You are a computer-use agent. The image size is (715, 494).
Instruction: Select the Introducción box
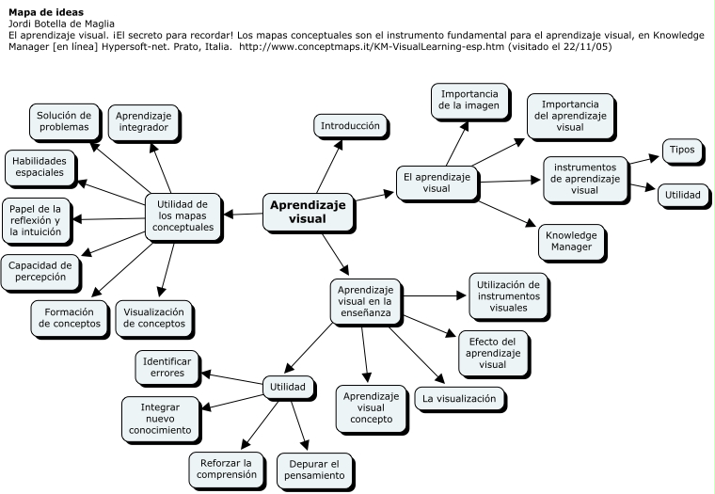pos(349,125)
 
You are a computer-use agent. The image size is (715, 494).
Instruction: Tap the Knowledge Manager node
pos(570,240)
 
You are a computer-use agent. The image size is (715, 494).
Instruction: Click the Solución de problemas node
pos(63,120)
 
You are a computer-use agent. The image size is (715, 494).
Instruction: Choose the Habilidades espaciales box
pos(39,167)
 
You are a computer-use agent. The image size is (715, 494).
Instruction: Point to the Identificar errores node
pos(167,366)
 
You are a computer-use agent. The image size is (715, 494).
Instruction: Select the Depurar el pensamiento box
pos(314,468)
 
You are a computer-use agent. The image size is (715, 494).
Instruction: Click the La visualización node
pos(458,398)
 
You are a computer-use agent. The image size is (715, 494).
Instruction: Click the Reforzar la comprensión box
pos(226,468)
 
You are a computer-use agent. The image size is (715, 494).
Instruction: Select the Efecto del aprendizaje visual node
pos(492,352)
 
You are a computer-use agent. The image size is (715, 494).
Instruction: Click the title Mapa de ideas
pos(44,12)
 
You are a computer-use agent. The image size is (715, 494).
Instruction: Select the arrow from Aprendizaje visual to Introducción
pos(326,165)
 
